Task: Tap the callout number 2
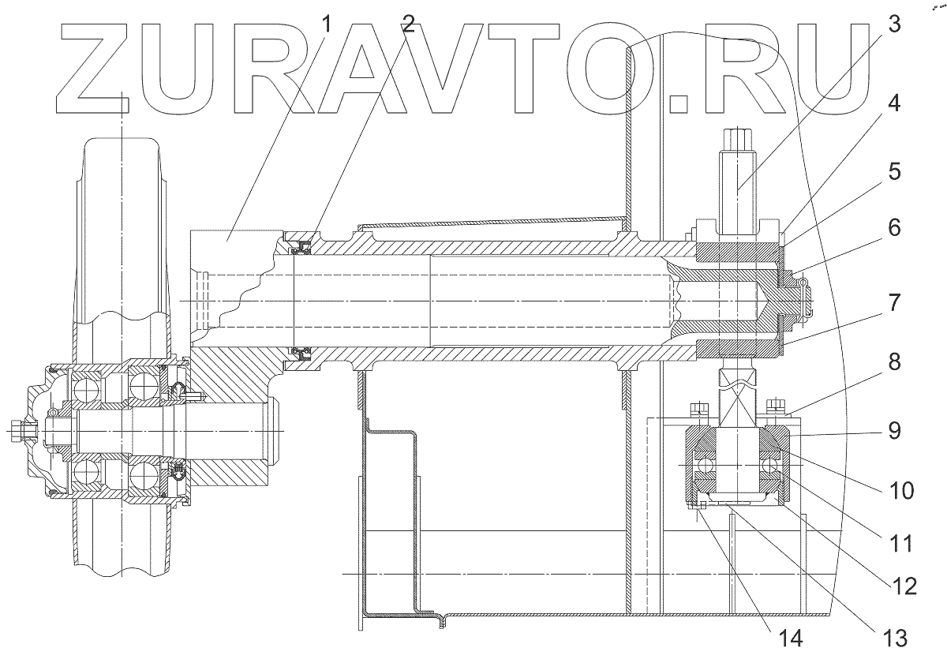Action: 407,24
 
